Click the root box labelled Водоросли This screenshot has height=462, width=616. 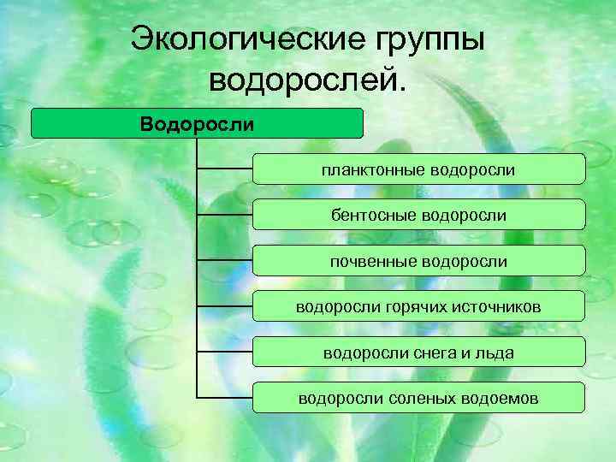click(198, 124)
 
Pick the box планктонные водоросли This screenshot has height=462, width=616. click(418, 169)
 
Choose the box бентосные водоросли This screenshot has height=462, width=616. click(418, 215)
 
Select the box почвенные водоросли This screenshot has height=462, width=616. click(418, 260)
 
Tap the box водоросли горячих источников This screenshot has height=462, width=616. click(418, 306)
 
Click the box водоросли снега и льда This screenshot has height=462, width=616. click(418, 352)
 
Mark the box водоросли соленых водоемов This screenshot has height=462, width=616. click(418, 397)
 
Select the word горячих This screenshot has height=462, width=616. click(400, 306)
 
